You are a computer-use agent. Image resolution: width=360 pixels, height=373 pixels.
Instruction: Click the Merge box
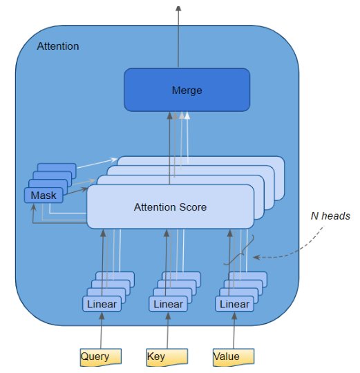click(x=187, y=90)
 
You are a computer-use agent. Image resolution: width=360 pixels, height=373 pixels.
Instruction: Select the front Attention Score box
click(x=171, y=207)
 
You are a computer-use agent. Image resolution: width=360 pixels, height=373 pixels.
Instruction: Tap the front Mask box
click(x=44, y=195)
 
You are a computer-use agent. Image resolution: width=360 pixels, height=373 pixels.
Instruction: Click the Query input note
click(x=101, y=357)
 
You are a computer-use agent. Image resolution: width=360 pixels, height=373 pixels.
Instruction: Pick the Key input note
click(x=167, y=357)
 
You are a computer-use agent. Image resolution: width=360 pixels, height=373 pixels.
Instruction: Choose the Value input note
click(x=234, y=357)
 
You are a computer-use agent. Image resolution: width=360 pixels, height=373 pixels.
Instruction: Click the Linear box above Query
click(x=102, y=304)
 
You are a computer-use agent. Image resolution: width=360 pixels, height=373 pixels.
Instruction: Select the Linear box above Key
click(x=168, y=304)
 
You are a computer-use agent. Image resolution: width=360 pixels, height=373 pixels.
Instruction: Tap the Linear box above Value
click(x=235, y=304)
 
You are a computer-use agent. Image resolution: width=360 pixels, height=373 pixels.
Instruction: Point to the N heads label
click(x=330, y=216)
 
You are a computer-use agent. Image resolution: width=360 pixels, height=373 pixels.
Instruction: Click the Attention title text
click(x=58, y=46)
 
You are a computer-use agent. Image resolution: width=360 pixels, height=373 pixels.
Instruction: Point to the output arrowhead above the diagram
click(x=178, y=8)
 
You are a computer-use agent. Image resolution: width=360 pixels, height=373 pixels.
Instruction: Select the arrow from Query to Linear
click(x=102, y=330)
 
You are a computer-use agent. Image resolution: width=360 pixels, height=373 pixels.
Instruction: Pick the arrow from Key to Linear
click(x=168, y=330)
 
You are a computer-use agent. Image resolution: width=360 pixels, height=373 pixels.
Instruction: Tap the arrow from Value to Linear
click(x=234, y=330)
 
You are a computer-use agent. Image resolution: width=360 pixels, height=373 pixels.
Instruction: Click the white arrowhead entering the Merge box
click(x=187, y=115)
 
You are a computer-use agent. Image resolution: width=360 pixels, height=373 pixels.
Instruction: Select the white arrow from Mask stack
click(x=97, y=163)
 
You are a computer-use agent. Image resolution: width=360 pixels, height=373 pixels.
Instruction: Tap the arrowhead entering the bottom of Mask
click(x=34, y=207)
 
